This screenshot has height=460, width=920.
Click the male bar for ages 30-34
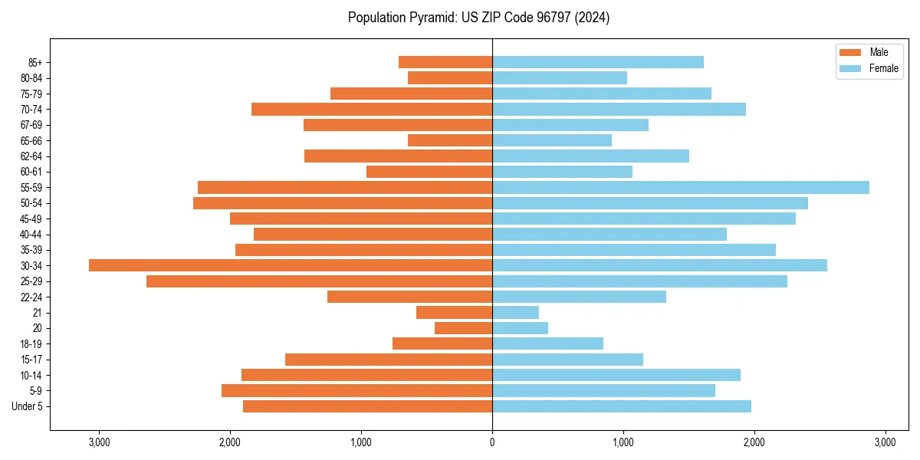[x=291, y=265]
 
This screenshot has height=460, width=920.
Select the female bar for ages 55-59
[x=681, y=187]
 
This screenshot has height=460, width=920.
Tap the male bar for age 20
[x=463, y=328]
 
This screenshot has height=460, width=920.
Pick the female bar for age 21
[x=515, y=312]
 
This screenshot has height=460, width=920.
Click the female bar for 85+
[x=598, y=62]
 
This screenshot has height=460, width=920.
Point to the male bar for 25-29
[x=319, y=281]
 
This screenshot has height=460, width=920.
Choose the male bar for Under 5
[x=367, y=406]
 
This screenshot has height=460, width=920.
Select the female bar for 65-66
[x=552, y=140]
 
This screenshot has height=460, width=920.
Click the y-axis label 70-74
[x=31, y=109]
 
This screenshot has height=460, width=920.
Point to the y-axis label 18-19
[x=31, y=343]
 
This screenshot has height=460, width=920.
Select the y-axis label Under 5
[x=28, y=406]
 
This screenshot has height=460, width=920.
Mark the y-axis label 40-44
[x=31, y=234]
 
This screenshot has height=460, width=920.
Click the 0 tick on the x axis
[x=492, y=442]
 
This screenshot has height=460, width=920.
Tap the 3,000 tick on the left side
[x=99, y=442]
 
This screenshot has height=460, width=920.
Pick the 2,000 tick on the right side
[x=754, y=442]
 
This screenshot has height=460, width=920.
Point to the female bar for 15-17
[x=567, y=360]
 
